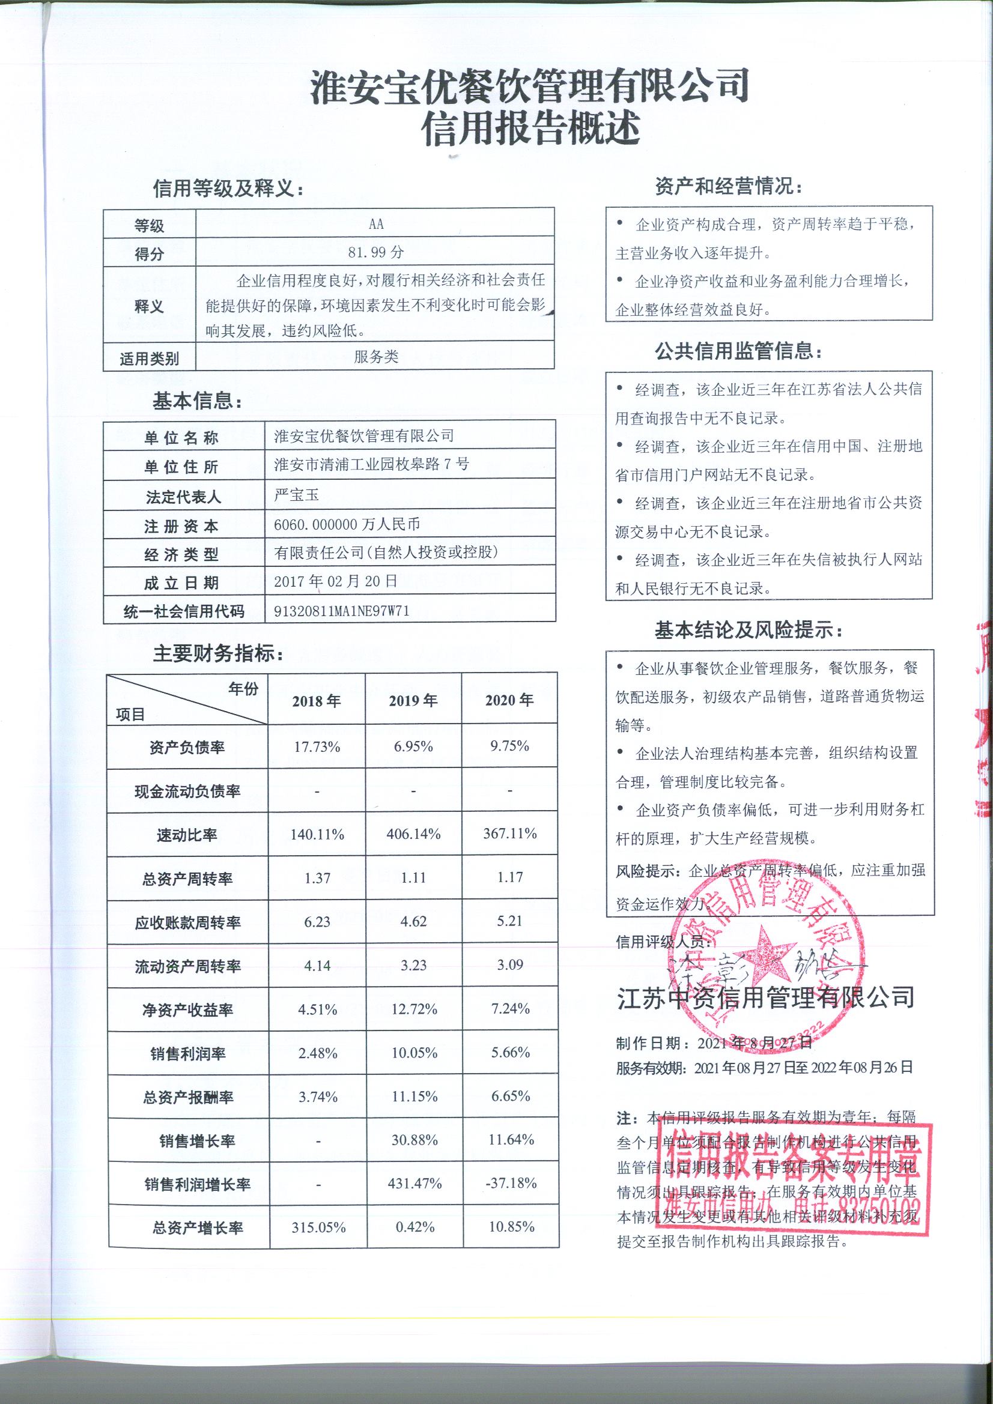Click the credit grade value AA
point(375,225)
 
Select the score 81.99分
point(375,252)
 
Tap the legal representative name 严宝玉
point(296,494)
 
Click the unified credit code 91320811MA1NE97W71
point(341,611)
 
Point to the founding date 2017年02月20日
point(335,581)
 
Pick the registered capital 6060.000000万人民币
point(347,524)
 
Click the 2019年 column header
point(413,701)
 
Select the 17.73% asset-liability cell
point(317,746)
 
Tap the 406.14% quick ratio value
point(413,834)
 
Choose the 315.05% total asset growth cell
point(319,1227)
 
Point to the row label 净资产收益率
point(187,1009)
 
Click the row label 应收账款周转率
point(187,922)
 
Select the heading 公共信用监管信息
point(738,352)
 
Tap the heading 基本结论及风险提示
point(748,631)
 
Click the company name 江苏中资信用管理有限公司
point(765,997)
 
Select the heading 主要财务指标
point(219,654)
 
